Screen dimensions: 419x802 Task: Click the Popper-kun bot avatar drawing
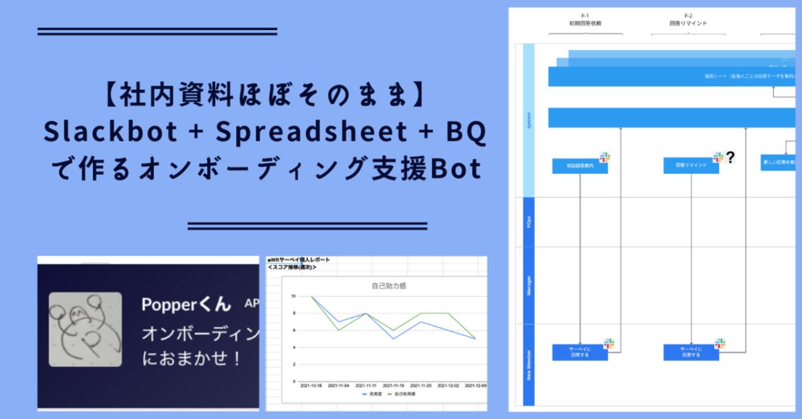(x=86, y=328)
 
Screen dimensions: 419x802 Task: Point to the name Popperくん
(x=186, y=304)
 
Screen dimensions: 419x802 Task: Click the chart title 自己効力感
(x=389, y=286)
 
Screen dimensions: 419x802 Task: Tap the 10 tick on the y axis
(x=293, y=296)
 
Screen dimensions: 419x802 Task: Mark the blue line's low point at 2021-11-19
(x=394, y=338)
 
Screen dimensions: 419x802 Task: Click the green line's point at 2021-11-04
(x=339, y=330)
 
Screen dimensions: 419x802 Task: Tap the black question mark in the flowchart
(x=730, y=158)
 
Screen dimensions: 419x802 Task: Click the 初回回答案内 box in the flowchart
(x=579, y=166)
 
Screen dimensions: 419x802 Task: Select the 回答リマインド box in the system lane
(x=691, y=166)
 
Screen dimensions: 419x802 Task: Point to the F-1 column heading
(x=585, y=19)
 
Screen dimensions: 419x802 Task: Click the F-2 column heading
(x=688, y=19)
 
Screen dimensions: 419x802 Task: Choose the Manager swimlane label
(x=529, y=286)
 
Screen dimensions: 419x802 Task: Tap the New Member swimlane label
(x=529, y=363)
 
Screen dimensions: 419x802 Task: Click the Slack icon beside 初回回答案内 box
(x=605, y=157)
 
